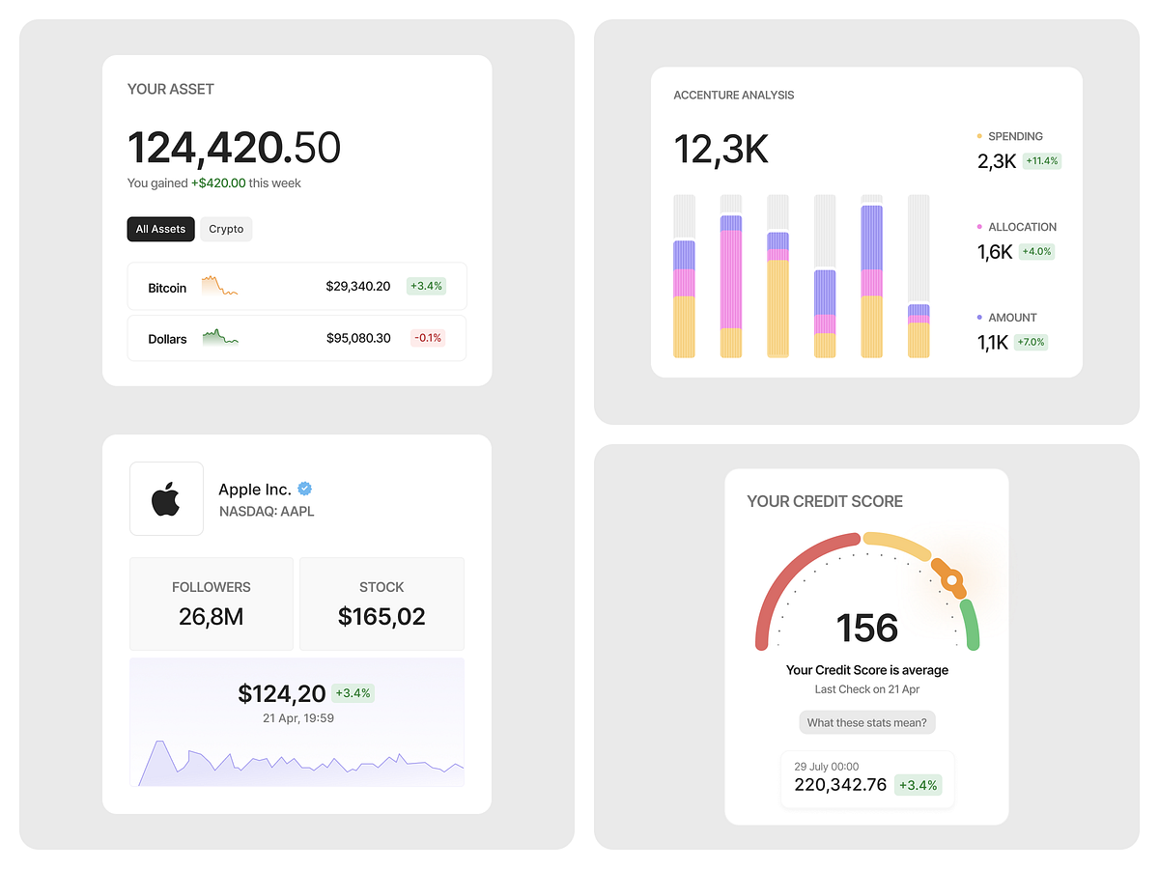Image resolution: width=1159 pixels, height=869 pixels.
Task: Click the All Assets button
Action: (x=160, y=229)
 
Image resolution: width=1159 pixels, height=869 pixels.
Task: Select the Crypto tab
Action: (x=226, y=229)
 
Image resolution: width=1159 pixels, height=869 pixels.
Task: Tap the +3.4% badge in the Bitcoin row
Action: (x=425, y=286)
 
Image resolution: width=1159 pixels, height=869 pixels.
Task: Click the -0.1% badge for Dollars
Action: (x=427, y=338)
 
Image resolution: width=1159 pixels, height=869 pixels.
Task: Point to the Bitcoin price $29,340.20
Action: (x=358, y=287)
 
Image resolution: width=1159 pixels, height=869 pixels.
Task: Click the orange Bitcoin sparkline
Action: (x=219, y=286)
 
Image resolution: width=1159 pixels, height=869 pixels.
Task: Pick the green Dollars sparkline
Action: (x=220, y=337)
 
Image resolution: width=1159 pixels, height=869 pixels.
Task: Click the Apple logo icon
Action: (x=166, y=499)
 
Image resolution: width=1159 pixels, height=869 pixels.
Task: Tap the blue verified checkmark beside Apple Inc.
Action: (x=304, y=489)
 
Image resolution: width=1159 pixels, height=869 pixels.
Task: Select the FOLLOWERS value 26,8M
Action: (x=212, y=616)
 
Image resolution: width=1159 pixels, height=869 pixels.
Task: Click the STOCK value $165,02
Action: (x=382, y=616)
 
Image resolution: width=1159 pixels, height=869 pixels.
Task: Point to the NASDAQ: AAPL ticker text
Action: (x=267, y=512)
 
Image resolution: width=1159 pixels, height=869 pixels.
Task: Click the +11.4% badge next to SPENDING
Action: (x=1041, y=161)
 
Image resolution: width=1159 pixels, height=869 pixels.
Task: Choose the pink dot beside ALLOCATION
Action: (x=979, y=227)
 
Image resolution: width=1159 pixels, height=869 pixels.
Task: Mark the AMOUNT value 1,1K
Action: (x=993, y=342)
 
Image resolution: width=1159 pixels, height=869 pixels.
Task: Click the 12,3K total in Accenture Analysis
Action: (x=721, y=150)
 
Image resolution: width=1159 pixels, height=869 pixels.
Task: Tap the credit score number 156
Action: (x=867, y=629)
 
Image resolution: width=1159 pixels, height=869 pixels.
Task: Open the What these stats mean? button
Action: (x=866, y=722)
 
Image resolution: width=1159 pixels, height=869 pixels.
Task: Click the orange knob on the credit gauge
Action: (x=951, y=579)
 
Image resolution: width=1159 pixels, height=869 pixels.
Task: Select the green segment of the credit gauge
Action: (x=971, y=625)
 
